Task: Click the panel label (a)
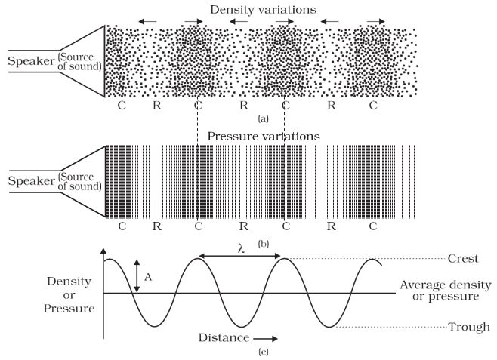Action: (262, 119)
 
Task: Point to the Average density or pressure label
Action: (445, 291)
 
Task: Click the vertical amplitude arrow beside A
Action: (137, 276)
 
